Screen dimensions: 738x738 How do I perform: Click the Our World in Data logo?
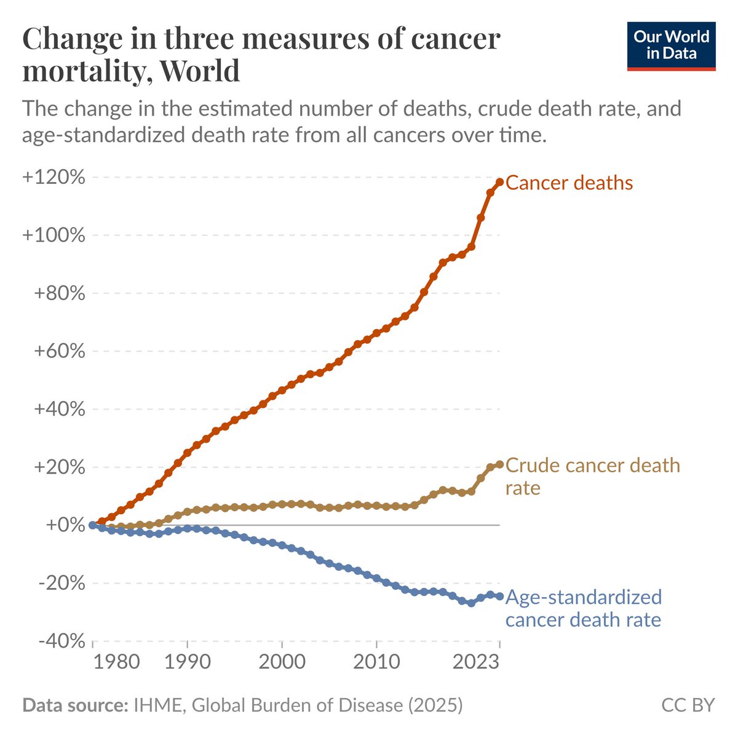tap(671, 46)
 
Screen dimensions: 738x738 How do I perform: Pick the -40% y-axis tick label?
tap(60, 641)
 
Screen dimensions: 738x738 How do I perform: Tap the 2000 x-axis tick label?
tap(282, 663)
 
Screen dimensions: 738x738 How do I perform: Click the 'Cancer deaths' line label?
tap(569, 183)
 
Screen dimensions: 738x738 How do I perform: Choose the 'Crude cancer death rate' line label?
tap(592, 476)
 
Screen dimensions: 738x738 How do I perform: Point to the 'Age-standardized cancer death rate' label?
tap(583, 608)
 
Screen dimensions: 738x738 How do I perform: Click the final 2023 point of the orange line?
tap(500, 182)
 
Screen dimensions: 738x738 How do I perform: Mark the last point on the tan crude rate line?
tap(500, 464)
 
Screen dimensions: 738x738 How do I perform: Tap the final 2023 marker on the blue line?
tap(500, 596)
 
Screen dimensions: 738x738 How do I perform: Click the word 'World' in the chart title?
tap(199, 71)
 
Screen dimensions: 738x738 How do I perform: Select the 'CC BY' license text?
tap(688, 705)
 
